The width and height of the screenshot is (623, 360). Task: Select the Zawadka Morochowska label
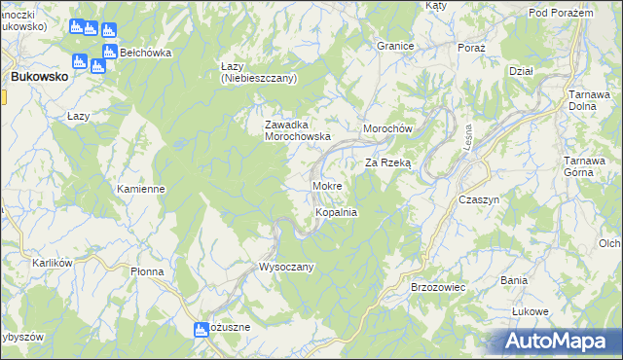pyautogui.click(x=299, y=130)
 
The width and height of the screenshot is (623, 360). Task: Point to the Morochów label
pyautogui.click(x=388, y=129)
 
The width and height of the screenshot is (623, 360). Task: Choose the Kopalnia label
pyautogui.click(x=337, y=211)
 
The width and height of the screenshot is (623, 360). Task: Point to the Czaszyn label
pyautogui.click(x=479, y=198)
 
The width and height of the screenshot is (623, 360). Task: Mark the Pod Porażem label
pyautogui.click(x=561, y=12)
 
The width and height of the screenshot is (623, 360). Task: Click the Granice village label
pyautogui.click(x=396, y=46)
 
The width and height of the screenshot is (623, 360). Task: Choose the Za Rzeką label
pyautogui.click(x=388, y=163)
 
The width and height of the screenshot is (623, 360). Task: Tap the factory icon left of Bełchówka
pyautogui.click(x=110, y=52)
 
